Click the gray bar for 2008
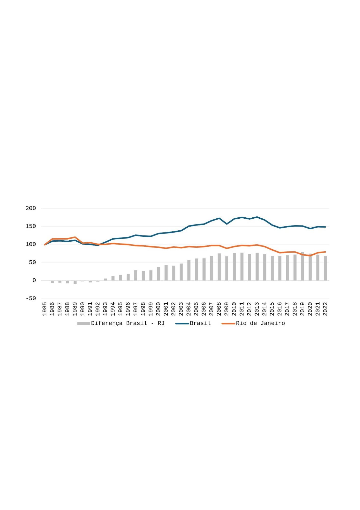coord(219,267)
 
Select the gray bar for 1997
coord(136,275)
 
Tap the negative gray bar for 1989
coord(75,282)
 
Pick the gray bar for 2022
coord(325,268)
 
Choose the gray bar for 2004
coord(189,270)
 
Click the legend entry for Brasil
coord(200,323)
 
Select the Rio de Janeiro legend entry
coord(260,323)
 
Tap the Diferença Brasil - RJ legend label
coord(128,323)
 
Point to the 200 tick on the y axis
coord(31,208)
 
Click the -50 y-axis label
coord(31,298)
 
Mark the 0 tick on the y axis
coord(34,281)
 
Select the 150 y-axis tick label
coord(31,227)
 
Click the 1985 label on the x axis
coord(45,309)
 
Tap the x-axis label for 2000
coord(158,309)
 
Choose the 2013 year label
coord(257,309)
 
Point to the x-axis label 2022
coord(325,309)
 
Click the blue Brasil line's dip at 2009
coord(227,224)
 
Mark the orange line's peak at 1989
coord(75,237)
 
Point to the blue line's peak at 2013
coord(257,217)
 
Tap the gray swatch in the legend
coord(83,324)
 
